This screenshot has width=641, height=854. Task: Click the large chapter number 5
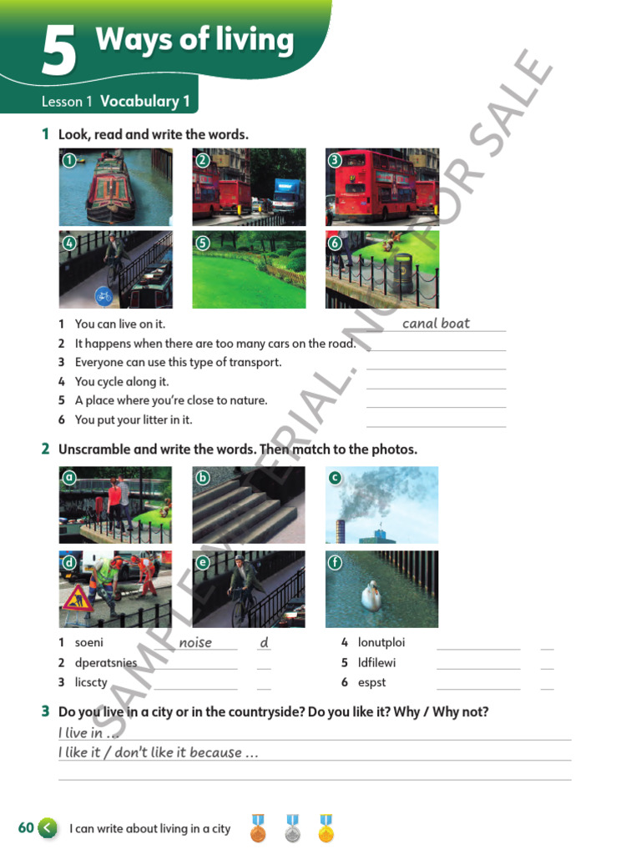pyautogui.click(x=59, y=52)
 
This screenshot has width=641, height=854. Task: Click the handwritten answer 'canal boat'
pyautogui.click(x=436, y=324)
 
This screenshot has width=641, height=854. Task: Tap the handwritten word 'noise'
pyautogui.click(x=195, y=643)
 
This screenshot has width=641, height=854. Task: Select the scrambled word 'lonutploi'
pyautogui.click(x=381, y=643)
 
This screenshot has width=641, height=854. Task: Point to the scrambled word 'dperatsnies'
pyautogui.click(x=106, y=663)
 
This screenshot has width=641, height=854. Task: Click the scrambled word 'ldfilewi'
pyautogui.click(x=376, y=663)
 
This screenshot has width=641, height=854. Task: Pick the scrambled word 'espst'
pyautogui.click(x=372, y=683)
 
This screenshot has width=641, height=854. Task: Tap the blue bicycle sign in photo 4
pyautogui.click(x=103, y=295)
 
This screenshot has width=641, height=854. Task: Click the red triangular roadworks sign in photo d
pyautogui.click(x=78, y=599)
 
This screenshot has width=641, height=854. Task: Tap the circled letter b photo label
pyautogui.click(x=203, y=478)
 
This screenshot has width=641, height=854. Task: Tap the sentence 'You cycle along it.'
pyautogui.click(x=122, y=382)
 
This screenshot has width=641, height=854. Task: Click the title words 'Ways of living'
pyautogui.click(x=194, y=40)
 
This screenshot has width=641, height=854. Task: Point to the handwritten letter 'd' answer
pyautogui.click(x=264, y=643)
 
